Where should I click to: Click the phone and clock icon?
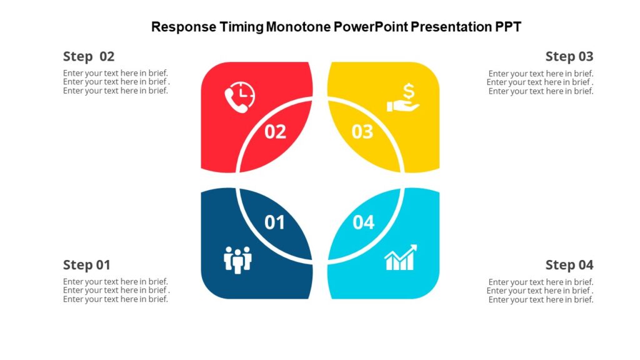tap(239, 97)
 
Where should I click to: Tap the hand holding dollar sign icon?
tap(403, 99)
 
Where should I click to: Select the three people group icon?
tap(237, 259)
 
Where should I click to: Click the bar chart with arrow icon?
tap(401, 258)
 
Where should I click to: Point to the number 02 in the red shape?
tap(275, 132)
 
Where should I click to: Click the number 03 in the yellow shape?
tap(362, 132)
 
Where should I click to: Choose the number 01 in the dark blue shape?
tap(275, 222)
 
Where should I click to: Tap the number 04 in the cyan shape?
tap(363, 222)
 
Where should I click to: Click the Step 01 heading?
tap(86, 265)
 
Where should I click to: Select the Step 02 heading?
tap(89, 56)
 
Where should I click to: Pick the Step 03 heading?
tap(569, 56)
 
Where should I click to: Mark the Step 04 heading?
tap(569, 265)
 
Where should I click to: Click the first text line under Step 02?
tap(116, 73)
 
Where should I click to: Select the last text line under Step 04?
tap(541, 300)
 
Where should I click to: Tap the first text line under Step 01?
tap(116, 282)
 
